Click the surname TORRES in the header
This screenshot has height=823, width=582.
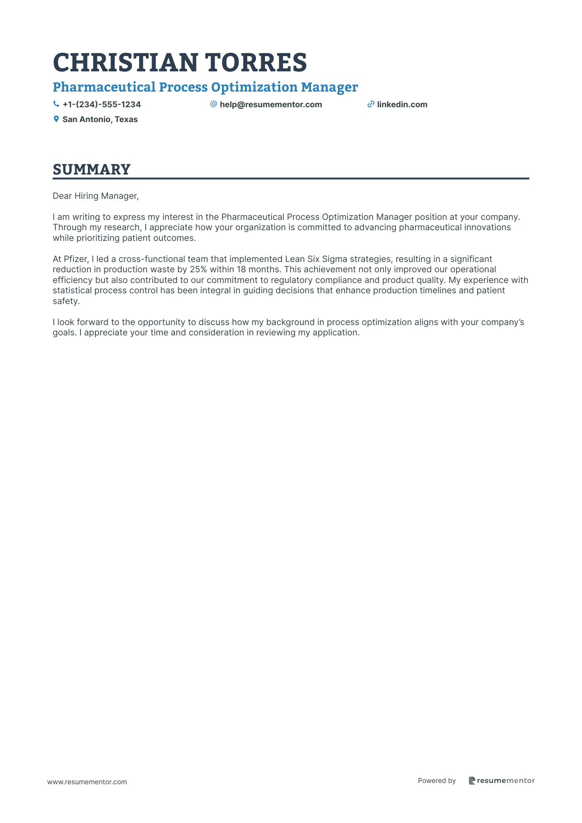pyautogui.click(x=256, y=63)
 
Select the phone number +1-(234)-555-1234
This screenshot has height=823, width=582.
pyautogui.click(x=102, y=104)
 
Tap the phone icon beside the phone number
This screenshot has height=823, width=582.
pyautogui.click(x=56, y=104)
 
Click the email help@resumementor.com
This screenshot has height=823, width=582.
pyautogui.click(x=271, y=104)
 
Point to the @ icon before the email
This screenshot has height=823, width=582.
pyautogui.click(x=213, y=104)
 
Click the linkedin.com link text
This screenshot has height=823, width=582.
pyautogui.click(x=402, y=104)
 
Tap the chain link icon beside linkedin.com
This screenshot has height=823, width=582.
pyautogui.click(x=371, y=104)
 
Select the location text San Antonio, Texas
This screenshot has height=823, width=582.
pyautogui.click(x=100, y=119)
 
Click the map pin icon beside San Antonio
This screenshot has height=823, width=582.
pyautogui.click(x=56, y=119)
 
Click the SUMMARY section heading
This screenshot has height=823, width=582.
pyautogui.click(x=92, y=170)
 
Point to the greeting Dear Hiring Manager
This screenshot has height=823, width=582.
pyautogui.click(x=95, y=196)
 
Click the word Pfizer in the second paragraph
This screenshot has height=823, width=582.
pyautogui.click(x=76, y=259)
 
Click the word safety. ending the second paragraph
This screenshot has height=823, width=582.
pyautogui.click(x=66, y=301)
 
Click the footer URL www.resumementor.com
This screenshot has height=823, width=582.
pyautogui.click(x=87, y=782)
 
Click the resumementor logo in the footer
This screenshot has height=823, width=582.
pyautogui.click(x=502, y=781)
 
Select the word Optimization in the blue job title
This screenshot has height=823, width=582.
pyautogui.click(x=254, y=87)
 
